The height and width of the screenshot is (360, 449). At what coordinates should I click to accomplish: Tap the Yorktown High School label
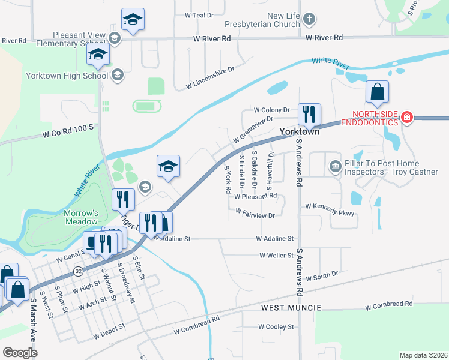point(67,76)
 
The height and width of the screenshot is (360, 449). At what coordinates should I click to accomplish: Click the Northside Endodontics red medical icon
point(407,117)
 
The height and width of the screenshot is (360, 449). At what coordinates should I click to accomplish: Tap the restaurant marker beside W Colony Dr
point(309,114)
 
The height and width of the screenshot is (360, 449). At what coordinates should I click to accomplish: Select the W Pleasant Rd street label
point(255,196)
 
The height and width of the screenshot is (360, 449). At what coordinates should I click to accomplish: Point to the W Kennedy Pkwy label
point(330,206)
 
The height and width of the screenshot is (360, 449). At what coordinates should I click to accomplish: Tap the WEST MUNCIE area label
point(291,308)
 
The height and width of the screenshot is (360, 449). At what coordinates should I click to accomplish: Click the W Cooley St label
point(276,327)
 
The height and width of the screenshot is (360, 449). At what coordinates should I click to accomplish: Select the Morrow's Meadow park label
point(81,218)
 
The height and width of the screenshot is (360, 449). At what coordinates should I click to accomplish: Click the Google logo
point(20,352)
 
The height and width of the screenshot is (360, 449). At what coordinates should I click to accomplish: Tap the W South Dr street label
point(322,278)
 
